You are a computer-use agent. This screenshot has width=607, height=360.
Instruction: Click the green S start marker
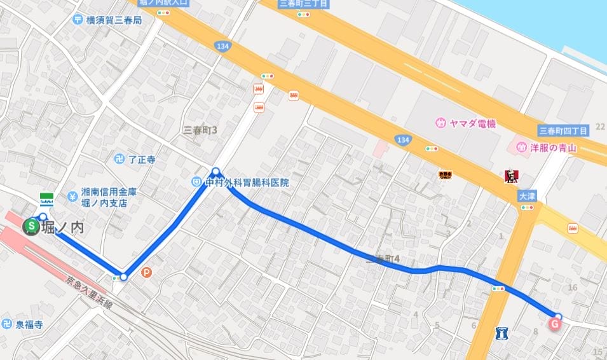pos(30,226)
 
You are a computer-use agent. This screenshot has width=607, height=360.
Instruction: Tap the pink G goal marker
pos(554,324)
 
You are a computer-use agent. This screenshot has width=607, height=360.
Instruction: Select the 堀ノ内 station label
pos(63,228)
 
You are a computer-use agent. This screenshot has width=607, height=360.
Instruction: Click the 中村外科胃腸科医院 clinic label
pos(246,183)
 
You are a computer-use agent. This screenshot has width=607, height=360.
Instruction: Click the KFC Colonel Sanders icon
pos(510,176)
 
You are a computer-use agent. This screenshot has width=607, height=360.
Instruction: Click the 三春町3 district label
pos(200,130)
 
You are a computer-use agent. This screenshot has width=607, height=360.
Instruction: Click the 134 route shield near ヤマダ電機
pos(402,139)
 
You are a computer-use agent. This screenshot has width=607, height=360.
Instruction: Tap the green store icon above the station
pos(46,198)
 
